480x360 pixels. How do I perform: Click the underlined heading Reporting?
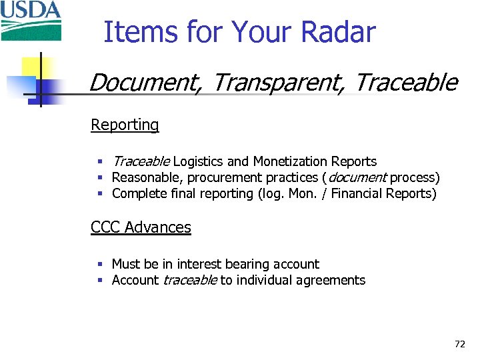point(125,125)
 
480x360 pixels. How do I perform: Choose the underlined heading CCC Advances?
point(141,227)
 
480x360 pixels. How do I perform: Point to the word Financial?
point(358,194)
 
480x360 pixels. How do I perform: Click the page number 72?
point(459,344)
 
